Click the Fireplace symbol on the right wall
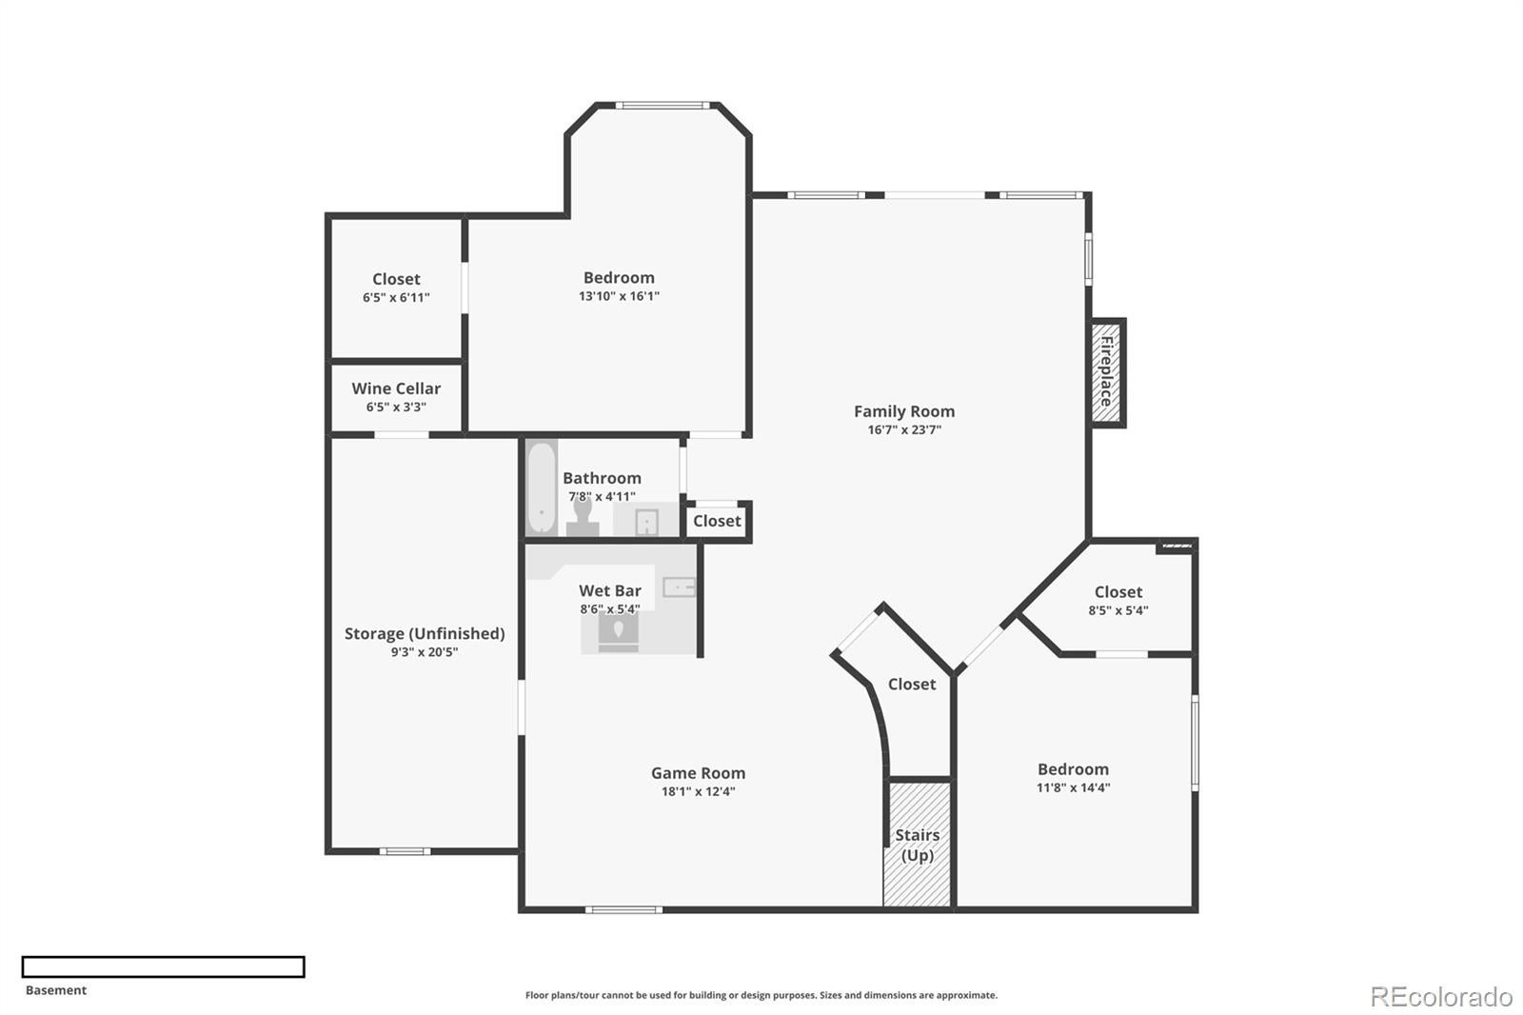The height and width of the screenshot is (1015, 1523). coord(1108,372)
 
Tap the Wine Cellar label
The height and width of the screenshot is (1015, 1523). coord(396,388)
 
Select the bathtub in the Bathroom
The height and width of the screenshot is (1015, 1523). coord(542,488)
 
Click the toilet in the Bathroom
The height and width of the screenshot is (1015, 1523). coord(583,518)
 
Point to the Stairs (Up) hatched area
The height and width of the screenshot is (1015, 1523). coord(918,844)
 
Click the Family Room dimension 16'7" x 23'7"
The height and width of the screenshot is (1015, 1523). coord(903,430)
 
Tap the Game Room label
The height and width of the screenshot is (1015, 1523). coord(698,773)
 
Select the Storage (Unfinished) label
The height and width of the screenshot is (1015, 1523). coord(425,633)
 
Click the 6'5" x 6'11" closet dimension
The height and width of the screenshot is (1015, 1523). coord(396,298)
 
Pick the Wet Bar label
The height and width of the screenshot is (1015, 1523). coord(609,590)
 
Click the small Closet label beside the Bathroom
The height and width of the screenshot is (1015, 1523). coord(717,521)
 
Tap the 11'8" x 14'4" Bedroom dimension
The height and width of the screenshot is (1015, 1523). coord(1073,788)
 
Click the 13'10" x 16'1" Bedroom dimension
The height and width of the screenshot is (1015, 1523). coord(619,296)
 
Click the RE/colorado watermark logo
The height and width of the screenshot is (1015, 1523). coord(1441,997)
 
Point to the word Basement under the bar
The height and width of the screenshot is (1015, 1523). coord(56,990)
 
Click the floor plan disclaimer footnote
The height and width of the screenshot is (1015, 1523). coord(761,996)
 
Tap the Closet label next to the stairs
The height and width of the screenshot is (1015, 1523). coord(911,685)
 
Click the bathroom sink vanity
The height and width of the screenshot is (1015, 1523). coord(646,522)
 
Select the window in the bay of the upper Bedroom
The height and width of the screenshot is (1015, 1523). coord(663,106)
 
